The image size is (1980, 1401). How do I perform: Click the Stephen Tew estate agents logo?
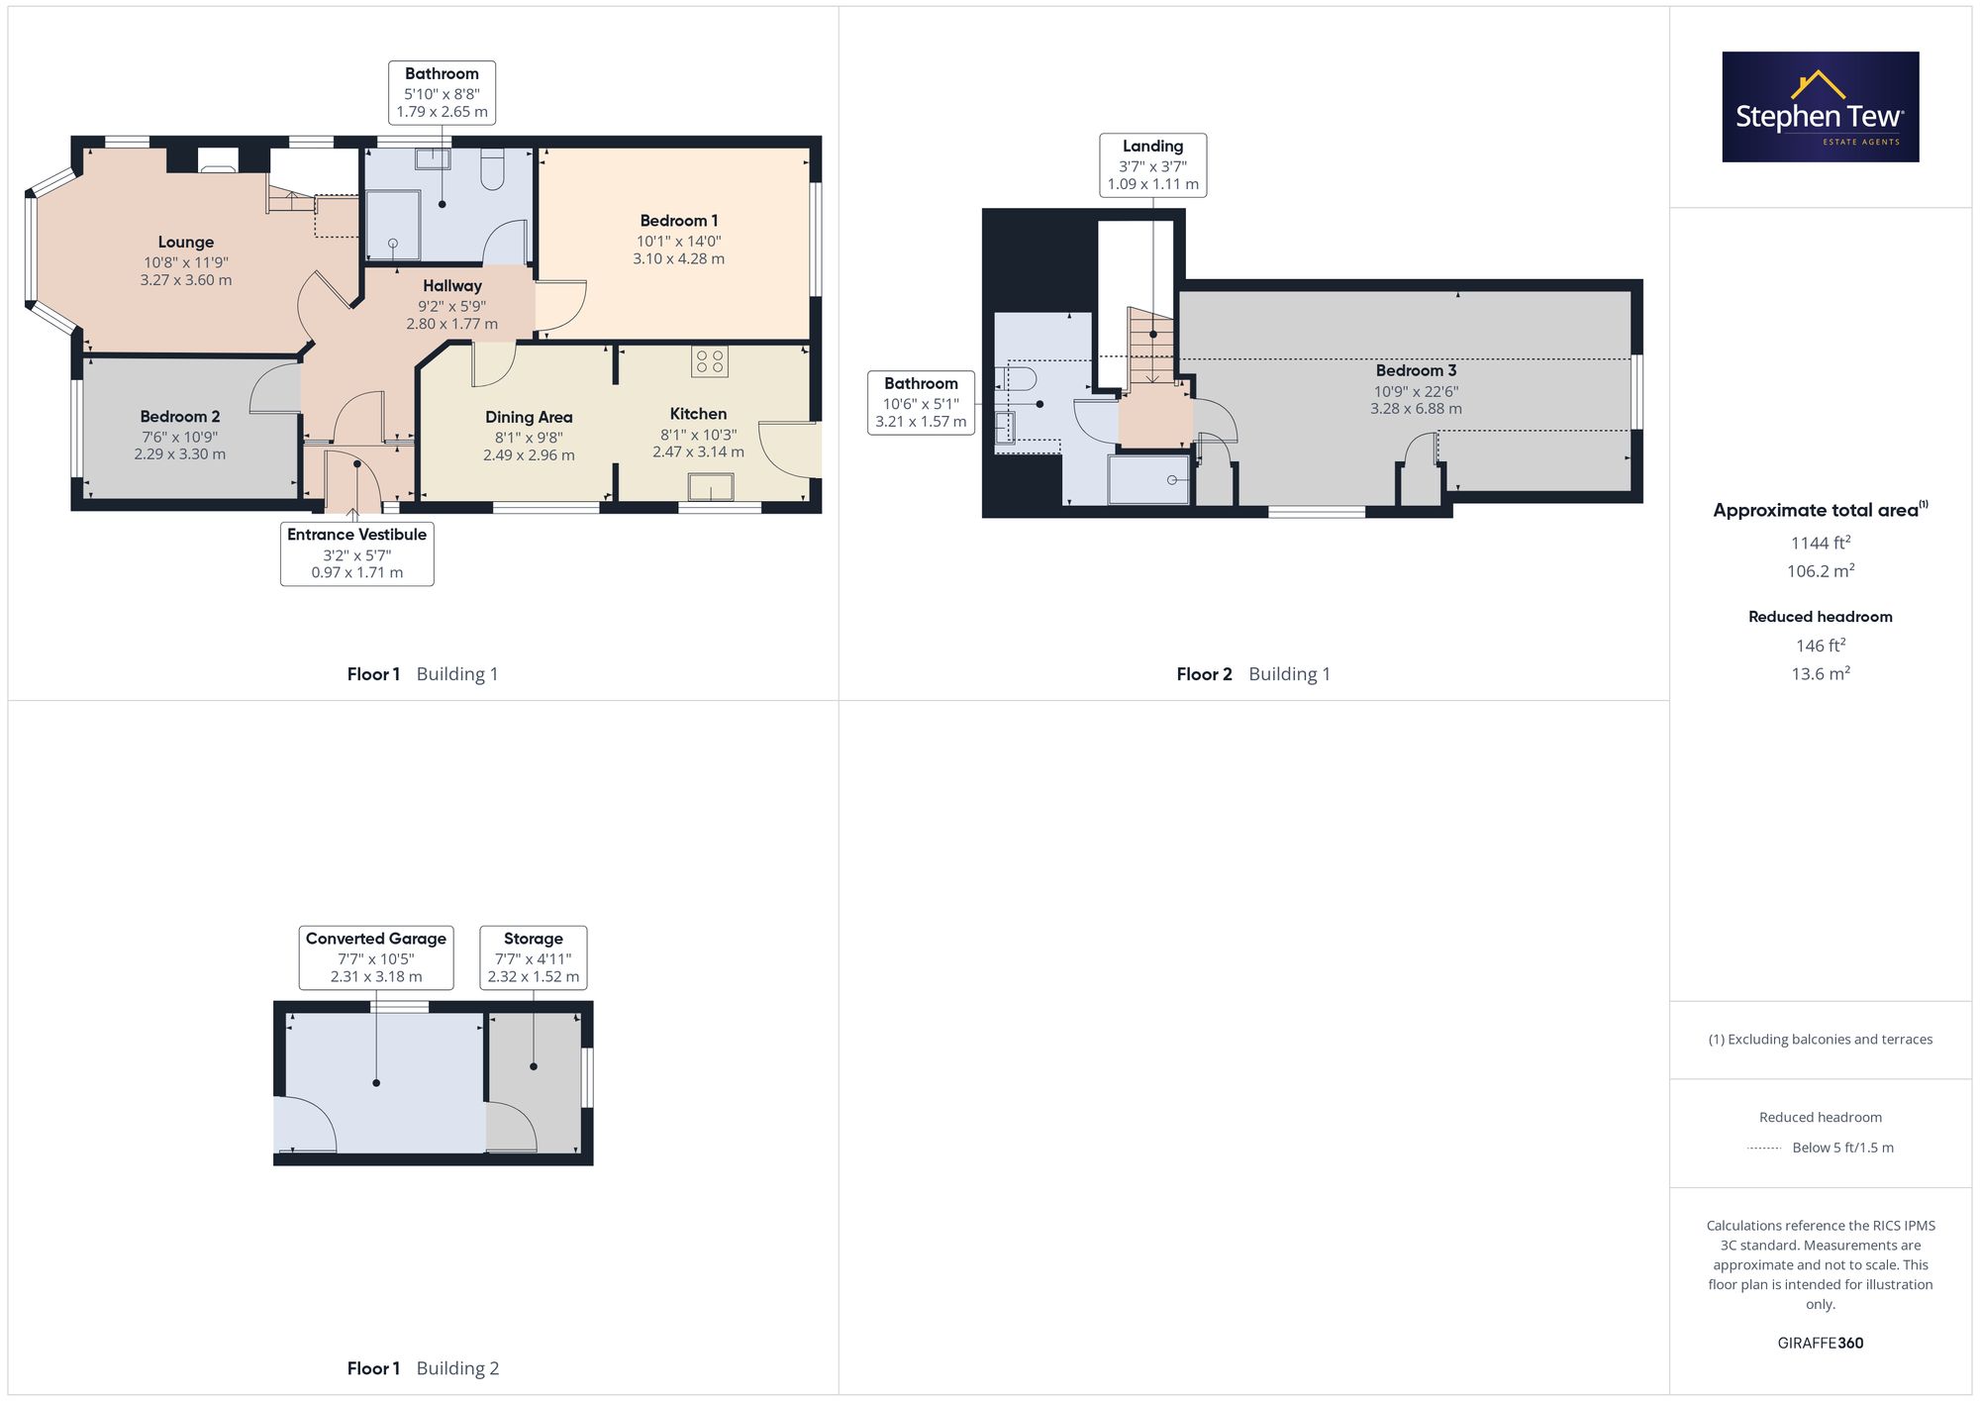[1821, 107]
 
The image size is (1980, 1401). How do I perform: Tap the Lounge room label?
[186, 243]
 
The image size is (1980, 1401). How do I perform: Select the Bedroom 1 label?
[679, 221]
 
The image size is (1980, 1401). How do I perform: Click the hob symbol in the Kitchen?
[710, 361]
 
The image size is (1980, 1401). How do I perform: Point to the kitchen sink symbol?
[712, 488]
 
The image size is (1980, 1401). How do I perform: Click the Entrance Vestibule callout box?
[357, 553]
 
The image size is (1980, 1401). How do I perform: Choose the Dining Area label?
[529, 418]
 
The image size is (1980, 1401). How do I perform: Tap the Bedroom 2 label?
[180, 417]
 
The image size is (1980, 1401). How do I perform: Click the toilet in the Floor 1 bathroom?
[492, 169]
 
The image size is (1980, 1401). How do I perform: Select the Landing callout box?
[1153, 165]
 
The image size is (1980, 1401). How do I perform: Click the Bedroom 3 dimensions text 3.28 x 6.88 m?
[1416, 409]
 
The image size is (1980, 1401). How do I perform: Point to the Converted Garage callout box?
[376, 957]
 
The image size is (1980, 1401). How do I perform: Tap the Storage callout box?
[534, 957]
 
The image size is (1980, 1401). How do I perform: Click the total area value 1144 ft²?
[1821, 543]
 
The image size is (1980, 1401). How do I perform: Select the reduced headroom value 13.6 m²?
[1821, 673]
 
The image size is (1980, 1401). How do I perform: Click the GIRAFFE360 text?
[1821, 1344]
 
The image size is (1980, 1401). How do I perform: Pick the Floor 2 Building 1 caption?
[1253, 674]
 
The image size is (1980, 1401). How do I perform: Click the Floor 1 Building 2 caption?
[423, 1368]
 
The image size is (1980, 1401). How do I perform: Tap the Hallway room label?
[452, 286]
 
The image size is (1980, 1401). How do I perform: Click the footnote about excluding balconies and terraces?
[1821, 1040]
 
